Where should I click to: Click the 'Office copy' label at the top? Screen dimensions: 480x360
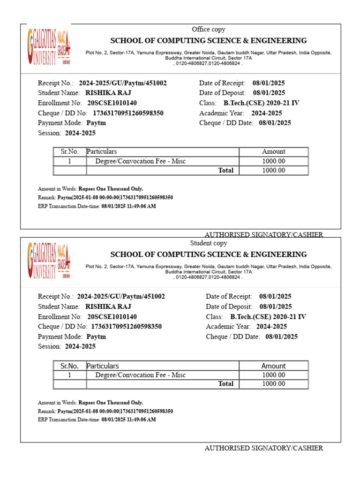click(x=209, y=30)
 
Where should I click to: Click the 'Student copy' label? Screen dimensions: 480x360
click(x=209, y=243)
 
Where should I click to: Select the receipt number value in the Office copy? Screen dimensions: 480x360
click(x=123, y=83)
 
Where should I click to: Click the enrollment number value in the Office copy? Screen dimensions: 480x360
click(x=112, y=103)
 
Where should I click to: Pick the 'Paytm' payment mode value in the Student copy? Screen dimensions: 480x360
click(x=96, y=337)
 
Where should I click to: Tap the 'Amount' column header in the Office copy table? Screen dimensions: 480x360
click(x=273, y=152)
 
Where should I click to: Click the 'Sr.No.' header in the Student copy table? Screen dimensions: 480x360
click(x=69, y=366)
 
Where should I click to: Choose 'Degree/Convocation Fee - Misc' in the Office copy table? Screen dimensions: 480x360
click(x=141, y=161)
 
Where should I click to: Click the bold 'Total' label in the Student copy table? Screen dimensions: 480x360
click(x=225, y=384)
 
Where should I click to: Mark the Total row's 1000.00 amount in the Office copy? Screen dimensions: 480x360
click(x=273, y=171)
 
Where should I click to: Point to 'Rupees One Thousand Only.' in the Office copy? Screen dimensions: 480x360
click(x=111, y=189)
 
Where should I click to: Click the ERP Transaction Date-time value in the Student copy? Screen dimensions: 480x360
click(x=128, y=420)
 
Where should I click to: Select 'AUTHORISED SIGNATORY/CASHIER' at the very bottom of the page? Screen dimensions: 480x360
click(x=263, y=448)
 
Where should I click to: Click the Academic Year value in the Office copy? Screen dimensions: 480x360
click(x=266, y=113)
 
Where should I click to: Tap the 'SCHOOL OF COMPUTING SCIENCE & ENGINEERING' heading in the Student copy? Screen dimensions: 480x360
click(x=209, y=255)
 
